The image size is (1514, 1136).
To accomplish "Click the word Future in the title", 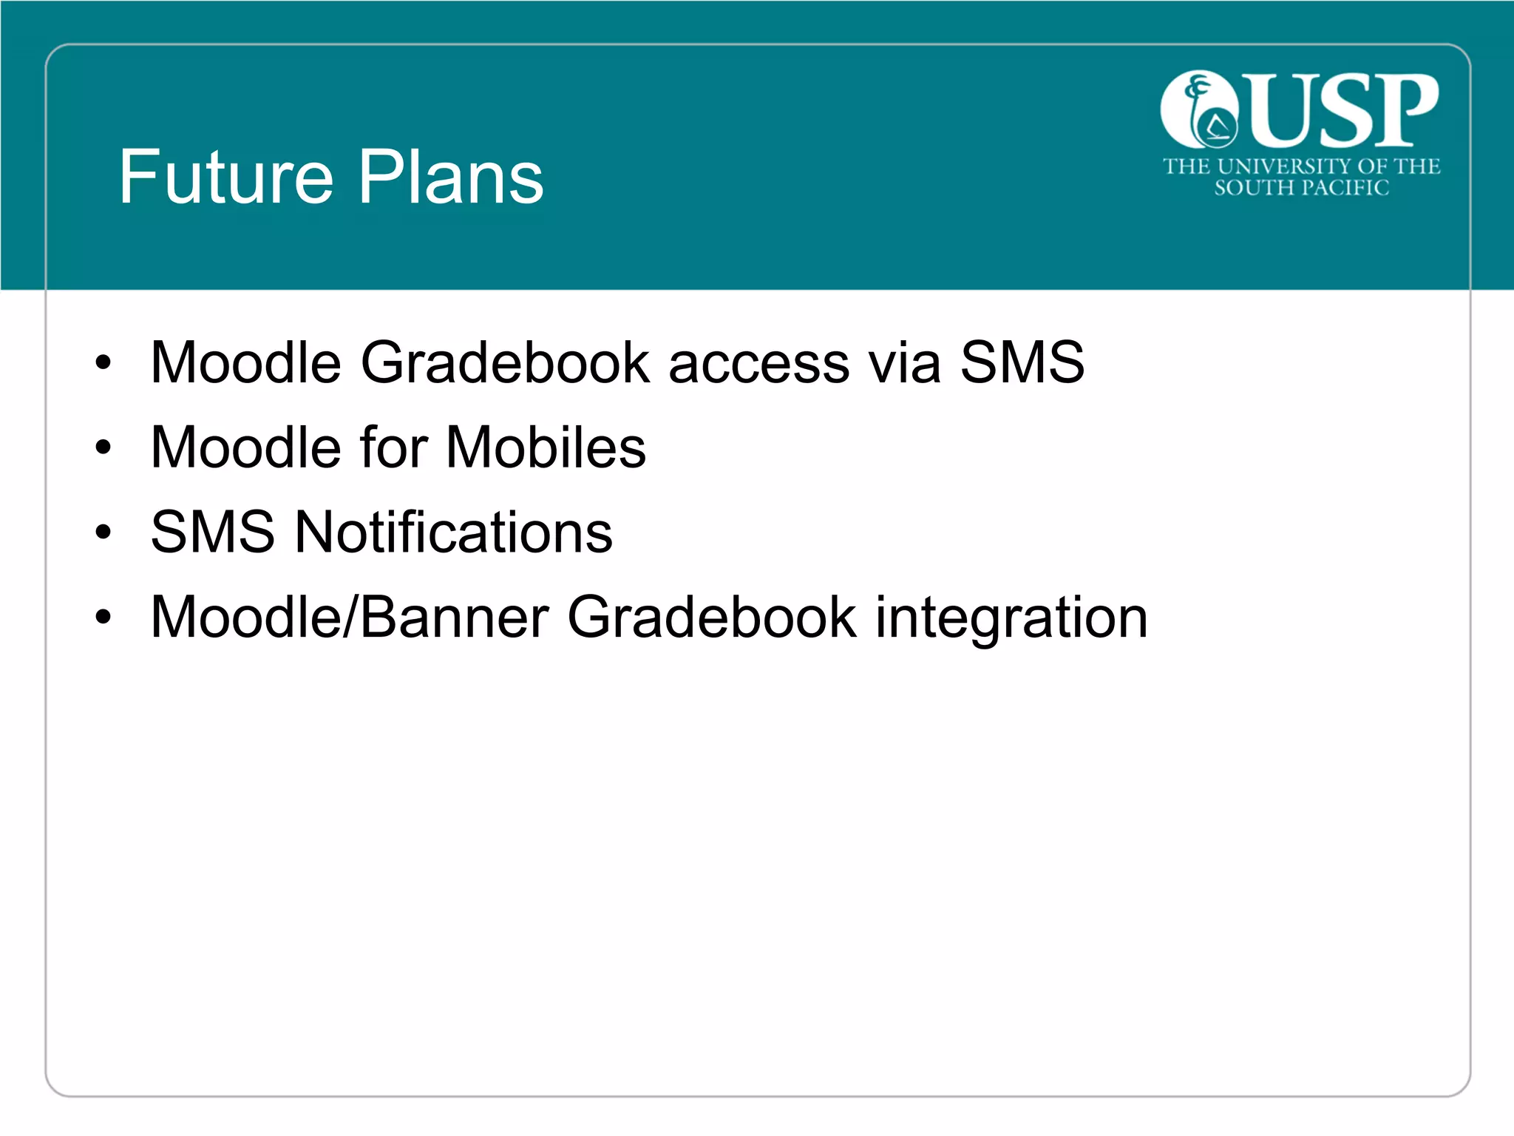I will pos(225,177).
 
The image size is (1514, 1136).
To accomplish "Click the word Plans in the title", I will pos(452,177).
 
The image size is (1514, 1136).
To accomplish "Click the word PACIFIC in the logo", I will pos(1345,188).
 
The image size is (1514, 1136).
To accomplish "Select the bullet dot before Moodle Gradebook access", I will pos(103,363).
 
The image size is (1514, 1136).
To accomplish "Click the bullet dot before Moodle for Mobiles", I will pos(103,448).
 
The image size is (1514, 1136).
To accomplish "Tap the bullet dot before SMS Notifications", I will pos(103,532).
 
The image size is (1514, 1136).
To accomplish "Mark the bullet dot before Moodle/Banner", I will pos(103,618).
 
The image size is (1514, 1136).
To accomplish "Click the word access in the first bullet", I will pos(759,363).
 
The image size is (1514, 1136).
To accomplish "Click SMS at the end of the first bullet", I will pos(1022,363).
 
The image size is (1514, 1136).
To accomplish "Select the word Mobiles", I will pos(546,448).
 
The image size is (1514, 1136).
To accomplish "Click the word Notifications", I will pos(454,532).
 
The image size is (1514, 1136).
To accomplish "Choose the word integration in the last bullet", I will pos(1011,618).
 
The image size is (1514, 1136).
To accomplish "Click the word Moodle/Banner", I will pos(350,618).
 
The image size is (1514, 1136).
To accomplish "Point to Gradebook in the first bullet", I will pos(505,363).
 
